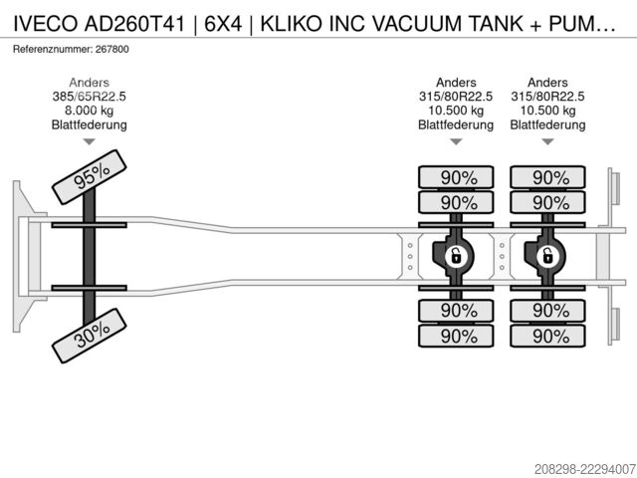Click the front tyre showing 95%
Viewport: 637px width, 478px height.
pyautogui.click(x=90, y=177)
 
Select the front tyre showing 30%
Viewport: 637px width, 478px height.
pyautogui.click(x=90, y=336)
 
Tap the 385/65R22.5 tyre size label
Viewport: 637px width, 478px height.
pyautogui.click(x=89, y=97)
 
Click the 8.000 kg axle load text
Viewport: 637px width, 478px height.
pyautogui.click(x=89, y=111)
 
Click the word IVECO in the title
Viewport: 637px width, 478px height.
pyautogui.click(x=46, y=24)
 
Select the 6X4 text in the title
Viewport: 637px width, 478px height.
pyautogui.click(x=223, y=24)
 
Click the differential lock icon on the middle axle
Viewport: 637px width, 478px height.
pyautogui.click(x=456, y=257)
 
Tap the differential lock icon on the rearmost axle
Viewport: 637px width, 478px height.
pyautogui.click(x=547, y=257)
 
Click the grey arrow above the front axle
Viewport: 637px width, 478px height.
pyautogui.click(x=89, y=141)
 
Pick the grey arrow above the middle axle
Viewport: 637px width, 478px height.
pyautogui.click(x=456, y=141)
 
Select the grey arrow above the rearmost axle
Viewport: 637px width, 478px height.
pyautogui.click(x=547, y=141)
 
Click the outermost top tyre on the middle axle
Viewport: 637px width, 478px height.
pyautogui.click(x=456, y=177)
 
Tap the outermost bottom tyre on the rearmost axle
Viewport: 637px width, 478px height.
pyautogui.click(x=547, y=336)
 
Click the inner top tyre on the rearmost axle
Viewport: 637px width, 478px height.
pyautogui.click(x=547, y=202)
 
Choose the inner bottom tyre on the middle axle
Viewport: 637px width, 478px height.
pyautogui.click(x=456, y=311)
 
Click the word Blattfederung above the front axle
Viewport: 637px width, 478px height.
pyautogui.click(x=89, y=124)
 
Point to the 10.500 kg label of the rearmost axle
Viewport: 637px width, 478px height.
pyautogui.click(x=547, y=111)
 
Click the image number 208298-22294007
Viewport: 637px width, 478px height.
pyautogui.click(x=584, y=469)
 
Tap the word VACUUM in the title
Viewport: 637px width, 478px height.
pyautogui.click(x=418, y=24)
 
